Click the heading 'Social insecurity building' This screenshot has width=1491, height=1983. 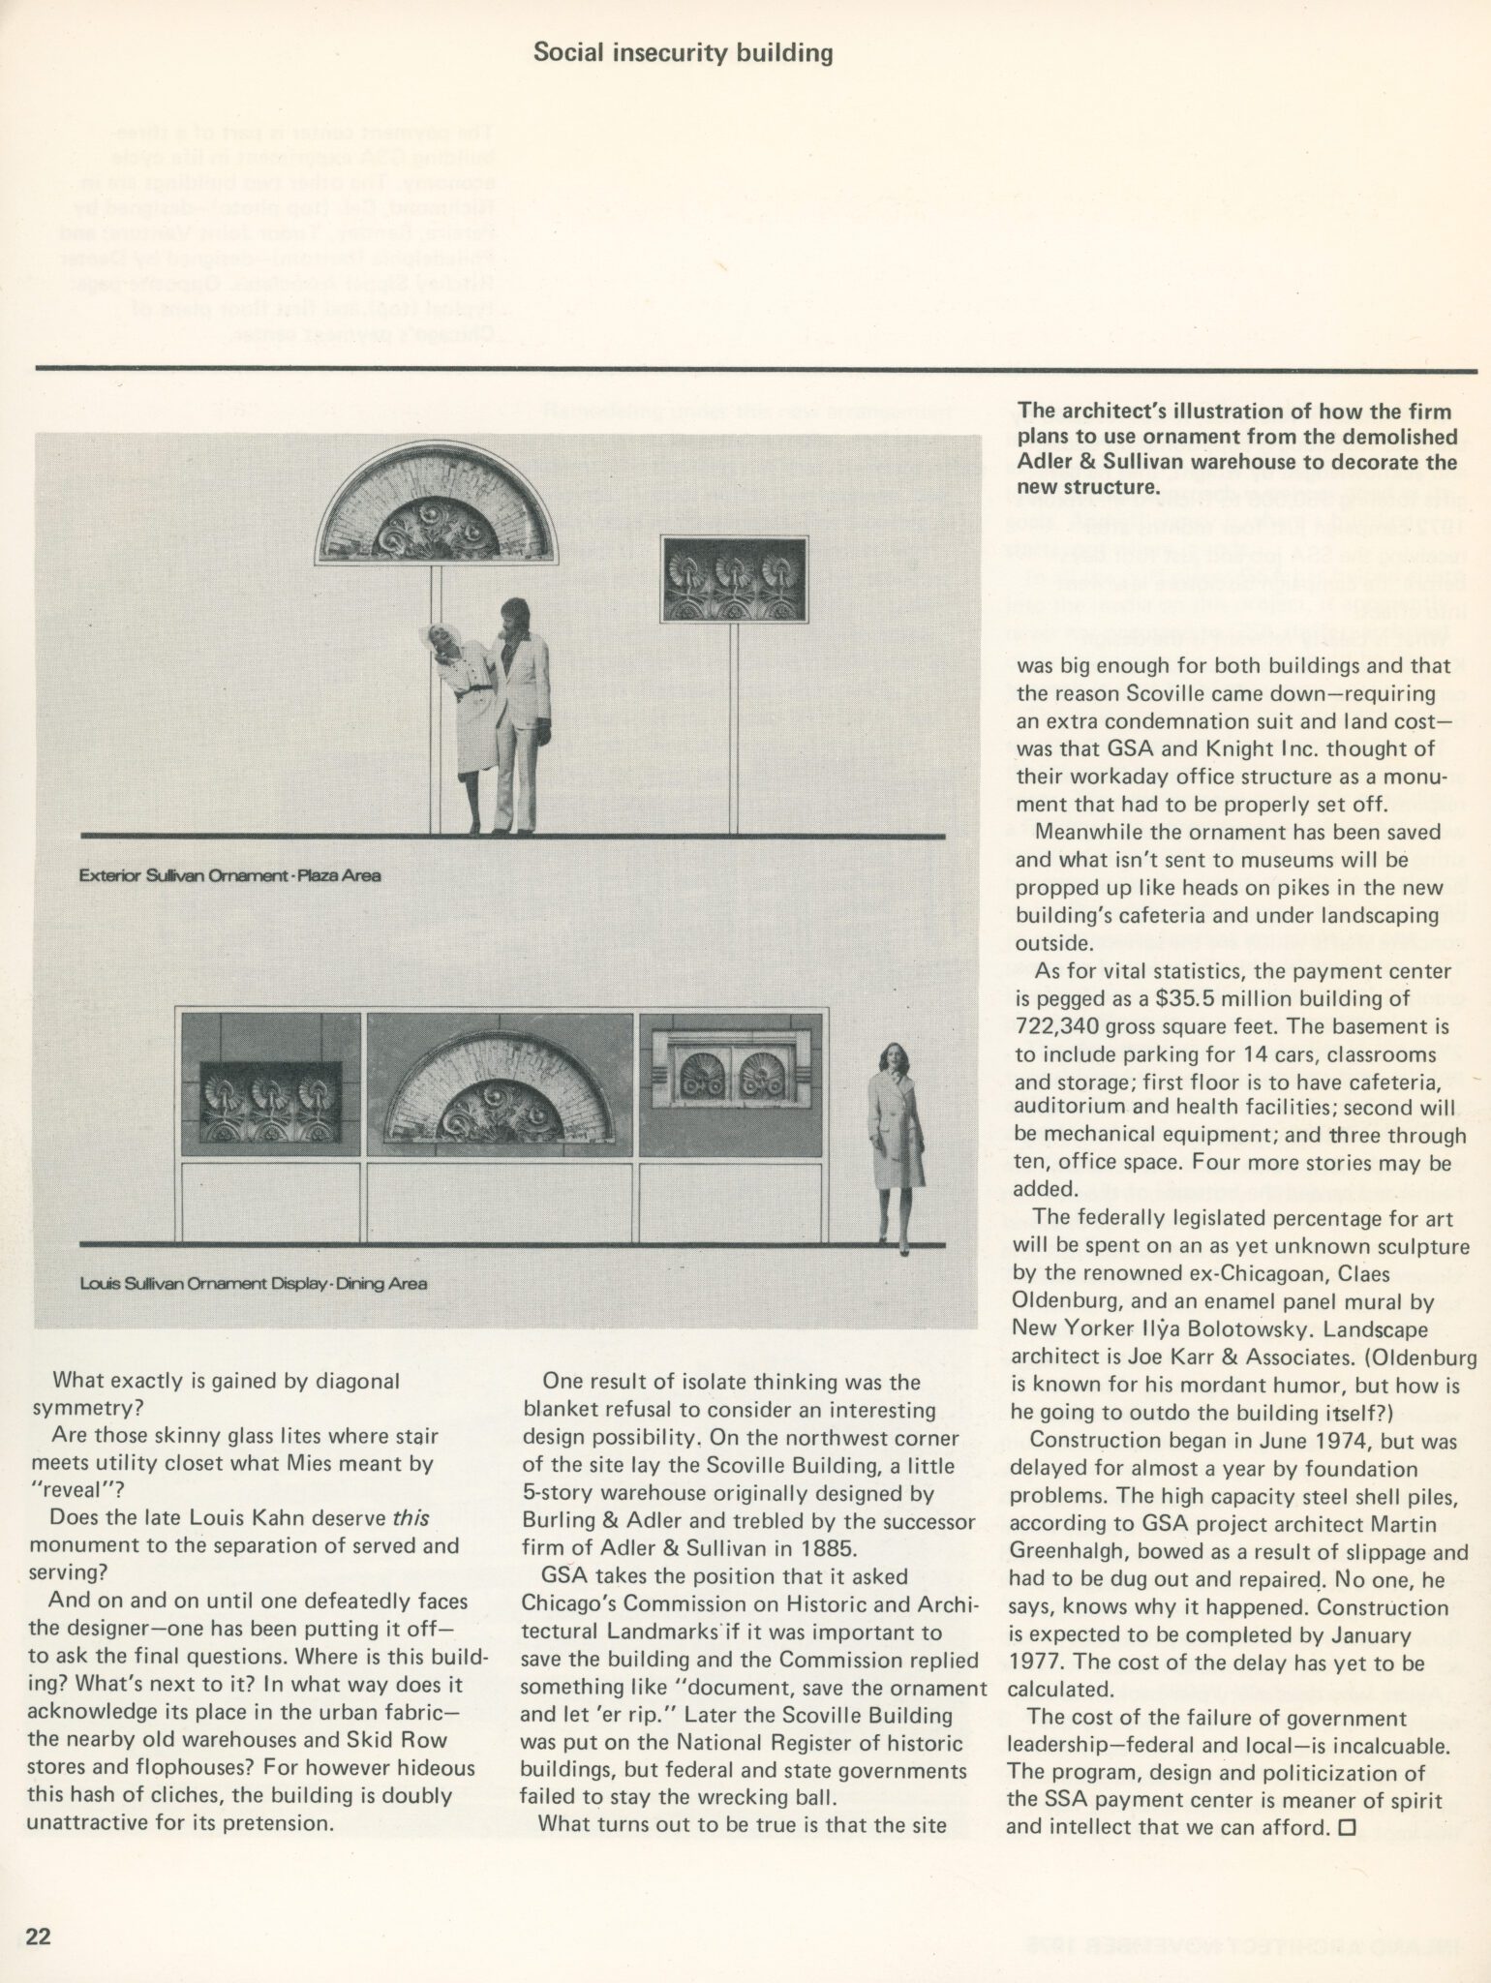click(683, 52)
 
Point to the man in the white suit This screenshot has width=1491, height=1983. click(520, 713)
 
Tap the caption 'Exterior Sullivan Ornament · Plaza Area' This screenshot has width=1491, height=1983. click(230, 876)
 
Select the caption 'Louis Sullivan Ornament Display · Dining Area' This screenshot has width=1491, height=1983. click(253, 1285)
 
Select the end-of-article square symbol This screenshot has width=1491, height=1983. click(1348, 1827)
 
